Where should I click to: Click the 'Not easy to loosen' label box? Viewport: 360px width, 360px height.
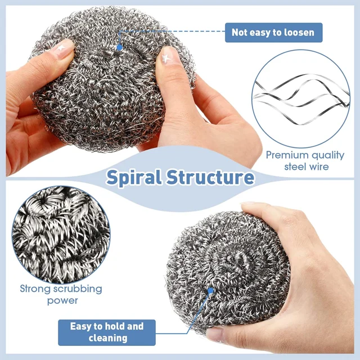point(273,33)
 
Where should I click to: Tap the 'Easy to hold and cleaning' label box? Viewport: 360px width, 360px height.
point(107,332)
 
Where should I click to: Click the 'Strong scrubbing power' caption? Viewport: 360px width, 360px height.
point(61,295)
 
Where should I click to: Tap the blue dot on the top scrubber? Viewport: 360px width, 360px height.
point(119,48)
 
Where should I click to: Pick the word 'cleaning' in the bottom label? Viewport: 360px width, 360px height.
point(107,339)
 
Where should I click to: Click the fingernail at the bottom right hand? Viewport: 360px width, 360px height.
point(217,333)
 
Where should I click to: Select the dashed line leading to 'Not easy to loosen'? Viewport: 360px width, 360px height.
point(169,33)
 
